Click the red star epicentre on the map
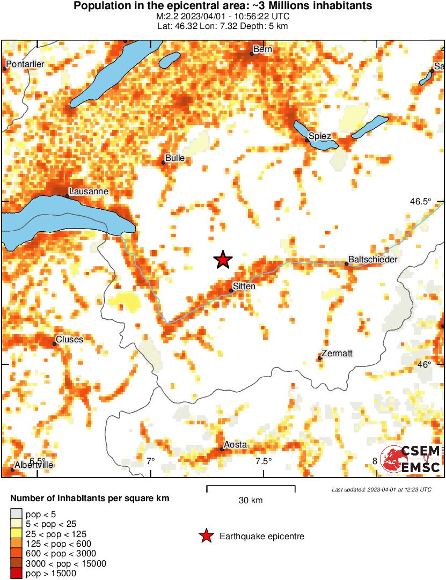[x=223, y=260]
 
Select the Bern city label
[x=262, y=49]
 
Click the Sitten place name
[x=244, y=286]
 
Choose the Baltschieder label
[x=372, y=259]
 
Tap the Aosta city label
[x=235, y=445]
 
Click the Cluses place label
[x=70, y=340]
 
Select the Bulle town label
[x=175, y=158]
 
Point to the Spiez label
[x=320, y=136]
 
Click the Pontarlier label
[x=25, y=64]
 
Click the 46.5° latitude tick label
[x=420, y=202]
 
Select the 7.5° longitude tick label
[x=264, y=461]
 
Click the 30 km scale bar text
[x=251, y=501]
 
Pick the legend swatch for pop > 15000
[x=17, y=574]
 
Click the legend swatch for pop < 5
[x=17, y=513]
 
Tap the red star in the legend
[x=206, y=536]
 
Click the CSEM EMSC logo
[x=410, y=459]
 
